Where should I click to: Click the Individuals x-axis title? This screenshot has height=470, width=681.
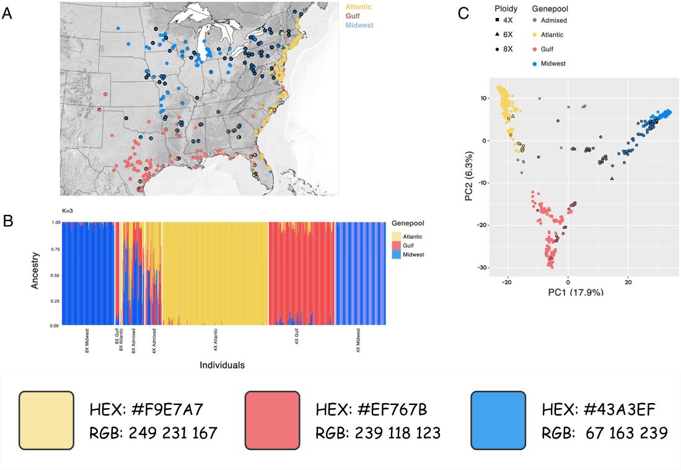coord(222,365)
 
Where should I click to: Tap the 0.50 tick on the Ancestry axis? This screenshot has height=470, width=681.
coord(55,274)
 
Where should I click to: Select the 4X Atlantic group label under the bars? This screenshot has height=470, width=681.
coord(215,341)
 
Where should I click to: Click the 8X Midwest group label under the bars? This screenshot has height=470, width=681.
coord(87,341)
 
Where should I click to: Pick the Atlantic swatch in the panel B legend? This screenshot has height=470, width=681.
coord(399,235)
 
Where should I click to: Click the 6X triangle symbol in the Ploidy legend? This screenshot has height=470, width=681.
coord(499,35)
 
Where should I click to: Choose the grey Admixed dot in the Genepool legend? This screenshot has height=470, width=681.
coord(535,20)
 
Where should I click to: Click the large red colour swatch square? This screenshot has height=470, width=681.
coord(272,420)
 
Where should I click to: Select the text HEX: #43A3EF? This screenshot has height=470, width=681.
coord(599,409)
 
